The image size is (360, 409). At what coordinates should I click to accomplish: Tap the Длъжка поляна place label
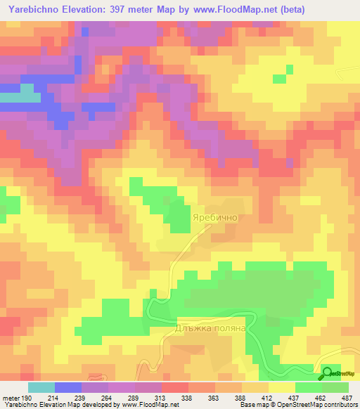(x=211, y=328)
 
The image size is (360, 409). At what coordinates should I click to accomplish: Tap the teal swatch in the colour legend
(x=41, y=388)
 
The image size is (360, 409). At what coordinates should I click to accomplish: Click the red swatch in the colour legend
(x=174, y=388)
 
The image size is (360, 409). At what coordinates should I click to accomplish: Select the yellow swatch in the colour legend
(x=281, y=388)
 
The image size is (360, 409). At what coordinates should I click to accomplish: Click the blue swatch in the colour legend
(x=68, y=388)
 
